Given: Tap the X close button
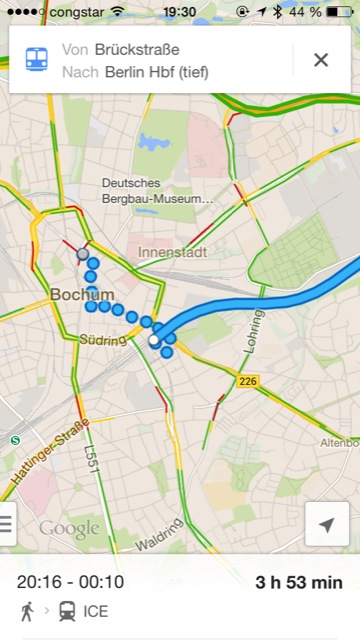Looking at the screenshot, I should [x=321, y=60].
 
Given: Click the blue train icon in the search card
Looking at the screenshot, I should [x=34, y=60].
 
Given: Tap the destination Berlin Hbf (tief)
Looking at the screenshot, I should [x=150, y=72].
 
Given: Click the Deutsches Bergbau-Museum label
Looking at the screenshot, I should [x=158, y=190].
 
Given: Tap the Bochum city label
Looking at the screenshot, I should [x=82, y=295].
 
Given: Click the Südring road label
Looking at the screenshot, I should [x=102, y=341].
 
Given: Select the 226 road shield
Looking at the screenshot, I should [x=249, y=382].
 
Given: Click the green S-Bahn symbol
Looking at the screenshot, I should [x=15, y=440].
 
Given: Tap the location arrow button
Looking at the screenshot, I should [x=327, y=524].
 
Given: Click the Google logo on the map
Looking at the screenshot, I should [x=69, y=529].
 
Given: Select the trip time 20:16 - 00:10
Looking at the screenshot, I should [x=70, y=582].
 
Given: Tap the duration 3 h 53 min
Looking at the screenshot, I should [x=298, y=582].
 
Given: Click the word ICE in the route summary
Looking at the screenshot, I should [x=96, y=610].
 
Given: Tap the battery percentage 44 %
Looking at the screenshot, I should [x=306, y=11].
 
